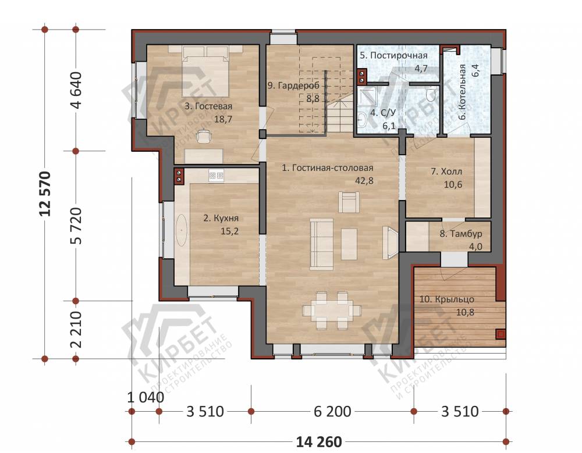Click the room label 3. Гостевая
tap(208, 106)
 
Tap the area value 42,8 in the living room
tap(364, 181)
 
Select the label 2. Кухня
tap(221, 218)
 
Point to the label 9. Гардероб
tap(293, 85)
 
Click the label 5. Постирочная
tap(393, 56)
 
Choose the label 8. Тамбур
tap(460, 234)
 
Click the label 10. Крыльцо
tap(447, 299)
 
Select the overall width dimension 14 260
tap(319, 442)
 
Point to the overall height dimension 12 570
tap(45, 194)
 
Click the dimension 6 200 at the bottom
tap(332, 412)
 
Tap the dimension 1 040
tap(145, 397)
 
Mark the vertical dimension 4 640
tap(76, 90)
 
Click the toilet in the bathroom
tap(431, 95)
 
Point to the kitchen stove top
tap(216, 174)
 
